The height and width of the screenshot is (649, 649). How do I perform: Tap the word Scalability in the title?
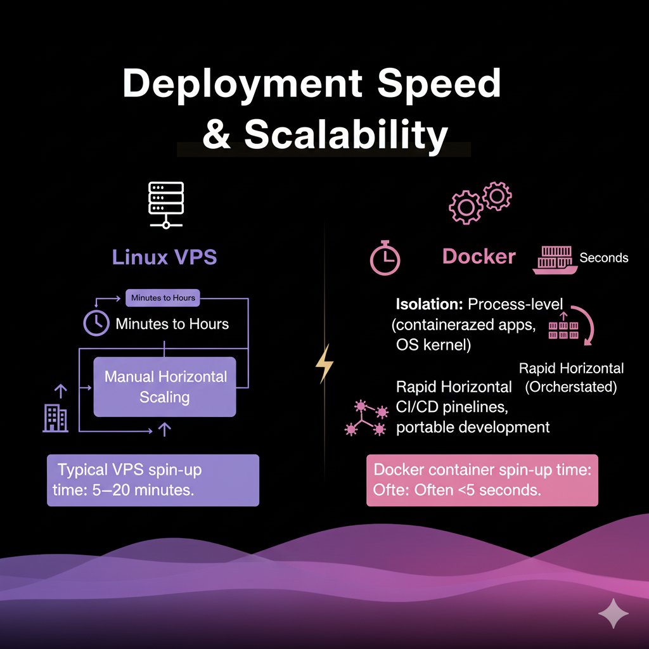pos(345,134)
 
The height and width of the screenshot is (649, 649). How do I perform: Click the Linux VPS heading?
pos(164,257)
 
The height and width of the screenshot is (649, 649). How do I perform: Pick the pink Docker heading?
pos(479,256)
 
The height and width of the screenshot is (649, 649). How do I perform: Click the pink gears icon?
pos(480,202)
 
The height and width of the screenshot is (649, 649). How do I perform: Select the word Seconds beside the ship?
pos(603,257)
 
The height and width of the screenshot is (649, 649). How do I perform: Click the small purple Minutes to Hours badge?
pos(163,297)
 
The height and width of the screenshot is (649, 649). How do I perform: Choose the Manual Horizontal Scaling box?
pos(165,387)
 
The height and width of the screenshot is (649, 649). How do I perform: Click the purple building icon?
pos(55,418)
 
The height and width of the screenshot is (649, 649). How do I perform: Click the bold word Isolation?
pos(429,304)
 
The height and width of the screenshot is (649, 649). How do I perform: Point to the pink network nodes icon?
pos(366,419)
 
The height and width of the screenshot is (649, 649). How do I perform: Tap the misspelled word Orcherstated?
pos(571,387)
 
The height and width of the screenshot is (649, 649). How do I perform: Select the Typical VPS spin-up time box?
pos(153,480)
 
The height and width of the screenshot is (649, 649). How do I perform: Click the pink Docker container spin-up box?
pos(482,480)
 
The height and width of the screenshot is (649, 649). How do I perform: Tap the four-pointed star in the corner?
pos(614,614)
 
